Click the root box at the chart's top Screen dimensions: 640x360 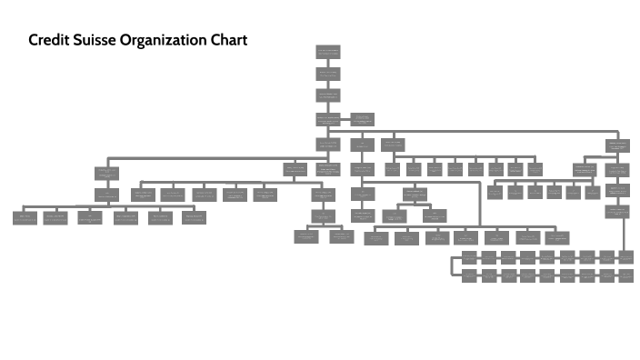pyautogui.click(x=328, y=52)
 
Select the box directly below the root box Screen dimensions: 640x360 pyautogui.click(x=328, y=75)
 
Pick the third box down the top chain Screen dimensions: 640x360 pyautogui.click(x=328, y=96)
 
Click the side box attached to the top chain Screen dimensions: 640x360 pyautogui.click(x=362, y=119)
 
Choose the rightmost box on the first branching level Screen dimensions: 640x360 pyautogui.click(x=617, y=145)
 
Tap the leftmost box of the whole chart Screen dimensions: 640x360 pyautogui.click(x=25, y=216)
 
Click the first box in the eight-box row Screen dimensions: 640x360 pyautogui.click(x=392, y=168)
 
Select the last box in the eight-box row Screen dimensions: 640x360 pyautogui.click(x=535, y=168)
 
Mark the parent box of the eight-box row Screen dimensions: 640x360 pyautogui.click(x=392, y=145)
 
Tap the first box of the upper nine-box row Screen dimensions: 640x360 pyautogui.click(x=469, y=257)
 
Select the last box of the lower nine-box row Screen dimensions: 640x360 pyautogui.click(x=625, y=275)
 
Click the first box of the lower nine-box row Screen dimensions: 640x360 pyautogui.click(x=469, y=275)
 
